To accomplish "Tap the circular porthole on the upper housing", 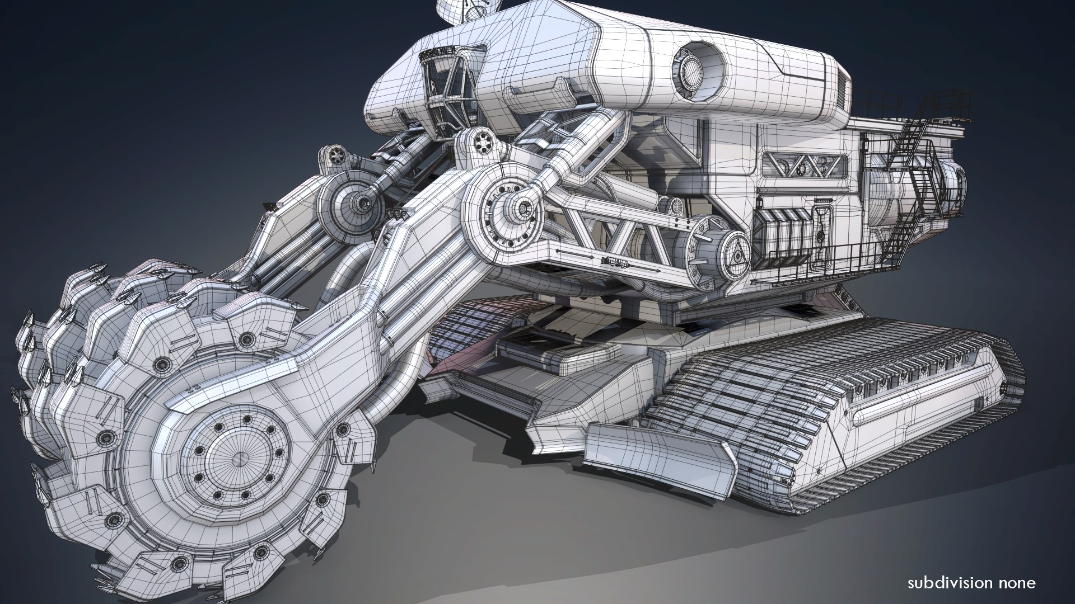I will pos(693,74).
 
